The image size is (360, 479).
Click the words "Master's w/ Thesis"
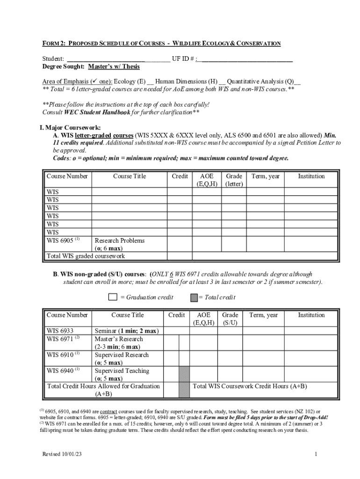pyautogui.click(x=115, y=66)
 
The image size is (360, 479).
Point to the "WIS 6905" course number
pyautogui.click(x=59, y=240)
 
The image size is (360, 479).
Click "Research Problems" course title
pyautogui.click(x=120, y=240)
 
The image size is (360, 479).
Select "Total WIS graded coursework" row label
pyautogui.click(x=86, y=256)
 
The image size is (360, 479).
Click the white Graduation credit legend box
pyautogui.click(x=113, y=297)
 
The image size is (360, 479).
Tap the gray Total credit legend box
pyautogui.click(x=194, y=297)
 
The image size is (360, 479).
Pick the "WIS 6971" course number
pyautogui.click(x=60, y=339)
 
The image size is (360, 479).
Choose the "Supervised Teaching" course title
pyautogui.click(x=122, y=370)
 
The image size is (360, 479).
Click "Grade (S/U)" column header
pyautogui.click(x=230, y=319)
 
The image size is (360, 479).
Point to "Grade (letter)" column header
pyautogui.click(x=234, y=180)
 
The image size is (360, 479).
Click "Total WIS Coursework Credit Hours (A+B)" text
pyautogui.click(x=250, y=386)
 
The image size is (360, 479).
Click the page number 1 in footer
pyautogui.click(x=317, y=454)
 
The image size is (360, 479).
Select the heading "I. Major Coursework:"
pyautogui.click(x=70, y=127)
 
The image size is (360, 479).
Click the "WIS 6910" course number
pyautogui.click(x=60, y=355)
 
